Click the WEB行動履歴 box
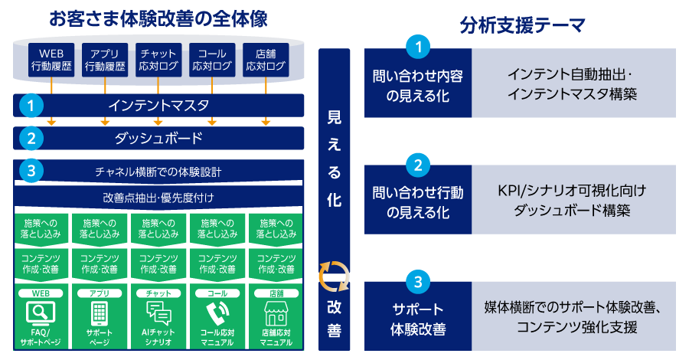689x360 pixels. click(51, 60)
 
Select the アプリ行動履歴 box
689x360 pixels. click(105, 60)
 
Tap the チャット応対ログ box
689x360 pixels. click(158, 60)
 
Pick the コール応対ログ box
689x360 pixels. click(212, 60)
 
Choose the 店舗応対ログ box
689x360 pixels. click(266, 60)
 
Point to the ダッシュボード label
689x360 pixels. click(158, 139)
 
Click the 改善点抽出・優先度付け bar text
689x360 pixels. click(158, 198)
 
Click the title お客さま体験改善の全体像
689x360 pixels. click(158, 18)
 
